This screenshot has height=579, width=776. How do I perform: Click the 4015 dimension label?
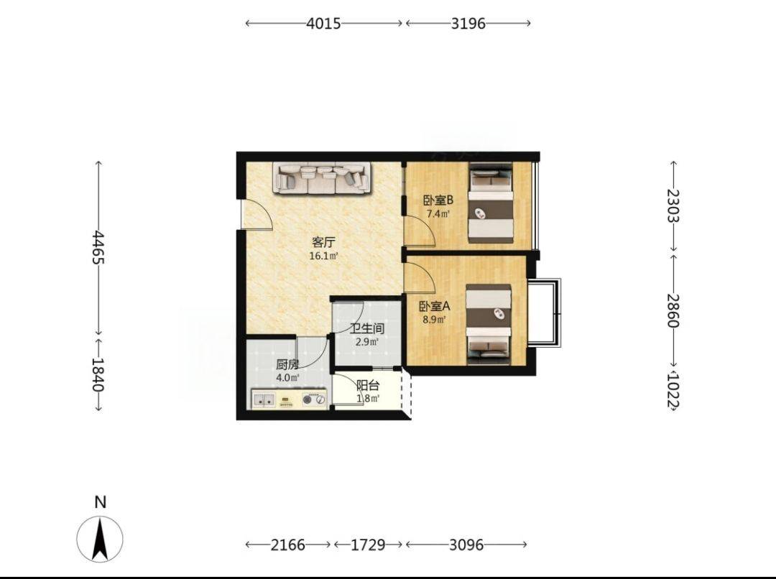[x=323, y=23]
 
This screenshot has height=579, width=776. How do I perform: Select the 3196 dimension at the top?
[x=468, y=23]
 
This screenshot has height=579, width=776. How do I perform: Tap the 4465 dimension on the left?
[x=98, y=247]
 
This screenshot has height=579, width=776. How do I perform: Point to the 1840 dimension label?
[x=98, y=374]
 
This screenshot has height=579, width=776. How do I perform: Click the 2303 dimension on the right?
[x=673, y=205]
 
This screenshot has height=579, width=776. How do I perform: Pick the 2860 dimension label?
[x=673, y=310]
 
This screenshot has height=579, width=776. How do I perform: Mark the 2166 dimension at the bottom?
[x=288, y=545]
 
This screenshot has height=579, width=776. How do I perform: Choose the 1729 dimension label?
[x=368, y=545]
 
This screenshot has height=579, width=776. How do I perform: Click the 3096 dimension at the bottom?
[x=466, y=545]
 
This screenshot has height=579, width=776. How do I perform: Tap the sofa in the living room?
[x=322, y=178]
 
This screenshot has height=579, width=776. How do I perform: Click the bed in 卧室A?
[x=489, y=325]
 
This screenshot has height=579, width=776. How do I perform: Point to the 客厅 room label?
[x=323, y=243]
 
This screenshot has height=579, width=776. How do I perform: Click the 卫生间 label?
[x=367, y=328]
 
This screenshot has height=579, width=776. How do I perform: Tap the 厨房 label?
[x=287, y=365]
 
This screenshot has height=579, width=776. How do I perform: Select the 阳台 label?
[x=368, y=386]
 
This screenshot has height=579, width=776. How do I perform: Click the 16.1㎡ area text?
[x=323, y=256]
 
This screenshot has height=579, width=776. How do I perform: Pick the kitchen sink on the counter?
[x=264, y=399]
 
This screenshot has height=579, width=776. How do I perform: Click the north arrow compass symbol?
[x=100, y=539]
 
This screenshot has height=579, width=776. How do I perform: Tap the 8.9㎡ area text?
[x=434, y=320]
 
